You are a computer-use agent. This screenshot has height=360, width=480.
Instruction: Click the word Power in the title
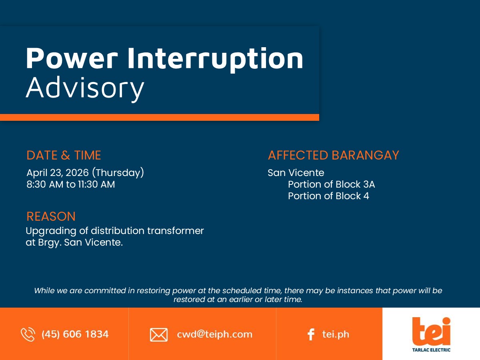(72, 58)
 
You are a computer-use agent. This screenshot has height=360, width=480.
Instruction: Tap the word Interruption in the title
(215, 60)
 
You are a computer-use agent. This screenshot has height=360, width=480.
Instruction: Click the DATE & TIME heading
(64, 155)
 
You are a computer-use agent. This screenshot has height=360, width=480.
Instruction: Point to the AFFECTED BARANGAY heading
(334, 155)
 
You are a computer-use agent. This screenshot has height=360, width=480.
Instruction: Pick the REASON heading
(51, 216)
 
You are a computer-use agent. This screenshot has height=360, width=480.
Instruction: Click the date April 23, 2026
(58, 173)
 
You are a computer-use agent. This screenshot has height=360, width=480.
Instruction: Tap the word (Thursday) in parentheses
(118, 173)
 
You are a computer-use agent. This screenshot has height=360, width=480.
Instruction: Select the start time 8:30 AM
(45, 184)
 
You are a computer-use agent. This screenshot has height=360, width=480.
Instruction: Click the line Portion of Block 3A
(331, 184)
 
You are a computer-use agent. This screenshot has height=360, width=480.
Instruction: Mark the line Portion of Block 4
(328, 196)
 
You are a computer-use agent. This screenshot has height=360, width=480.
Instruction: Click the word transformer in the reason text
(175, 231)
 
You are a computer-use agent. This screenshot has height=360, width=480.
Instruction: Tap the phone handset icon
(28, 334)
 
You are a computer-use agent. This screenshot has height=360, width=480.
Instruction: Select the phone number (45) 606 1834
(75, 334)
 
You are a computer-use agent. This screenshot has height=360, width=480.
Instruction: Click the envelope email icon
(159, 335)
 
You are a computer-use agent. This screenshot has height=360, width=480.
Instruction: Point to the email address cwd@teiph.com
(214, 334)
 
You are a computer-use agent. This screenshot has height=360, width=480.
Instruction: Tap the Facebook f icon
(311, 334)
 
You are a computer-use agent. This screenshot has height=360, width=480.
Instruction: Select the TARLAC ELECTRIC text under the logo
(431, 350)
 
